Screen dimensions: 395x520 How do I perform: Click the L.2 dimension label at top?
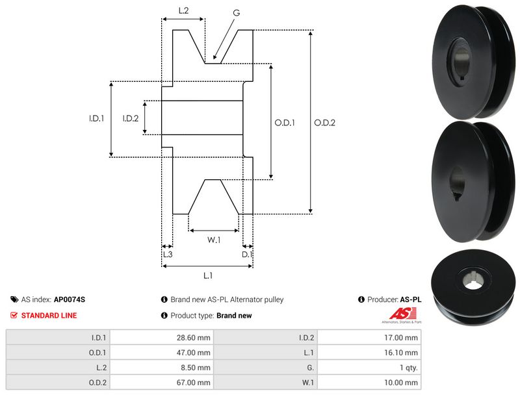183,10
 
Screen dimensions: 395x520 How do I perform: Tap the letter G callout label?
235,12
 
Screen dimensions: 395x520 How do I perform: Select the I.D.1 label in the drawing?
97,118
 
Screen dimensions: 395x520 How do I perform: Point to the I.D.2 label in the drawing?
131,118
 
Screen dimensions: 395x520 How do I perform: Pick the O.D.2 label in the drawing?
324,122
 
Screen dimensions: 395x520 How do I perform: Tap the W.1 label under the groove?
214,240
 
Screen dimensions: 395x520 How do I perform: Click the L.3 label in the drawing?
167,255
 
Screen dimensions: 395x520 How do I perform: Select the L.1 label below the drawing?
208,275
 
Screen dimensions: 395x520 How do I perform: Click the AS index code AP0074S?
70,299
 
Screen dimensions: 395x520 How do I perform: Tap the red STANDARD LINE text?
49,315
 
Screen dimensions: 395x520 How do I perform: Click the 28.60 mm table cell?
195,337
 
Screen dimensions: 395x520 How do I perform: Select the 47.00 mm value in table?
195,352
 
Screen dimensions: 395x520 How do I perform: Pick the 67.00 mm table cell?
195,382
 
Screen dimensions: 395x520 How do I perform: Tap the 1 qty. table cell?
408,367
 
